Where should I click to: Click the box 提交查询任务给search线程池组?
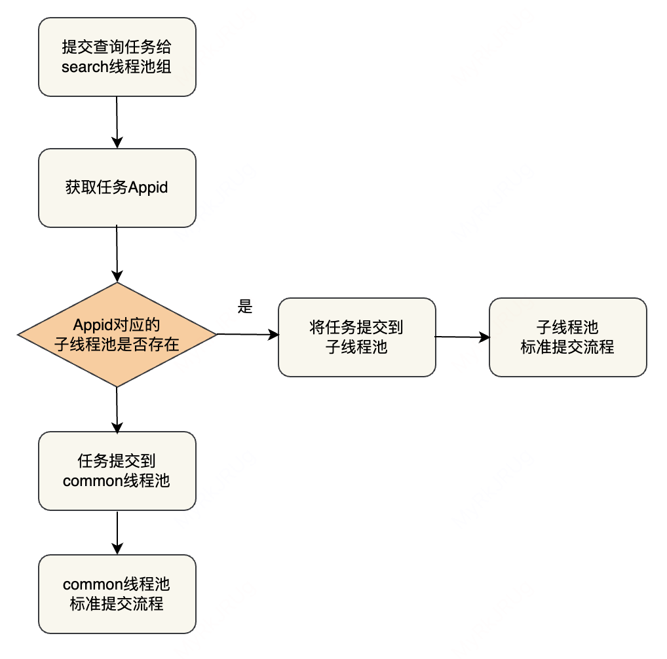(117, 58)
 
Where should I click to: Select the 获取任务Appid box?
(117, 187)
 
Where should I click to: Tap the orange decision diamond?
(117, 335)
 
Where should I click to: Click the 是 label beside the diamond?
(245, 307)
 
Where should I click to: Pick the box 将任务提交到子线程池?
(356, 337)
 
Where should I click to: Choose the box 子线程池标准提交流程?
(567, 337)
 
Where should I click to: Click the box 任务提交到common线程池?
(117, 471)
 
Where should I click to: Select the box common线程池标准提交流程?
(117, 594)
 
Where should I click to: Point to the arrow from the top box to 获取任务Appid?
(117, 122)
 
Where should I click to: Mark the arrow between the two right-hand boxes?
(462, 337)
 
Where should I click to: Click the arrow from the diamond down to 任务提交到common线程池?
(117, 409)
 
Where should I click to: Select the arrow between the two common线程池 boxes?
(117, 533)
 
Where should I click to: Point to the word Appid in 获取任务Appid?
(148, 188)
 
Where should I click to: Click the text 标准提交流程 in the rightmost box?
(567, 347)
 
